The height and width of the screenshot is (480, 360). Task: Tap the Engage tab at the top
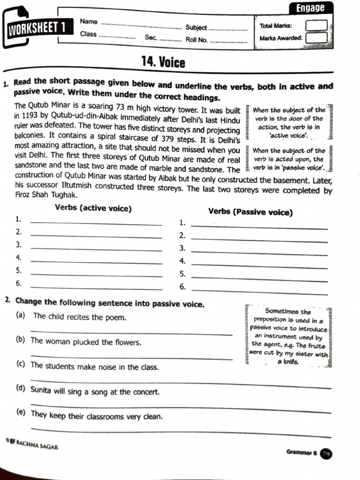click(310, 8)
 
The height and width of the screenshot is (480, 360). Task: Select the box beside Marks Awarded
click(316, 38)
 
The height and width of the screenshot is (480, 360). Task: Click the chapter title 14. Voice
click(163, 62)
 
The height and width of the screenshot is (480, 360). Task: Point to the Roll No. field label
click(196, 40)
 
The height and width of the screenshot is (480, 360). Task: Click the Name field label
click(89, 22)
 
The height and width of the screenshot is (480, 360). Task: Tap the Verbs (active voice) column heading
click(93, 208)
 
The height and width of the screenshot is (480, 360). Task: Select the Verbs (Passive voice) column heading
click(250, 212)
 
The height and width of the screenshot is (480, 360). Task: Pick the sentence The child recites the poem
click(80, 317)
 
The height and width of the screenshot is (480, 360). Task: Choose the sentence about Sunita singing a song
click(95, 391)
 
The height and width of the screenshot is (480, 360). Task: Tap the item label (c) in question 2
click(20, 365)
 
